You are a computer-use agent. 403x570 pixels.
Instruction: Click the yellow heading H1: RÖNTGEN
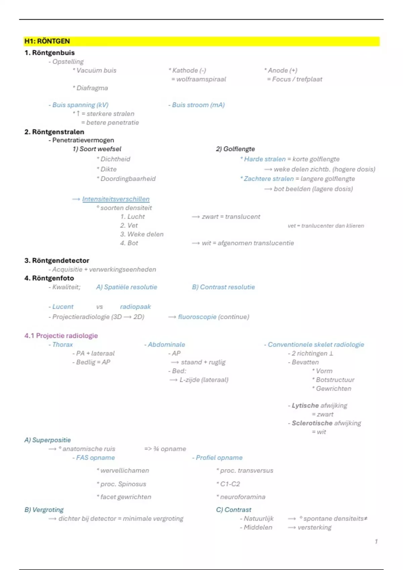coord(47,41)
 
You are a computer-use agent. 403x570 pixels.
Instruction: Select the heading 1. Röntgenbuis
coord(49,53)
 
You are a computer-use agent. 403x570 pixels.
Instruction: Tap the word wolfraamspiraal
coord(201,79)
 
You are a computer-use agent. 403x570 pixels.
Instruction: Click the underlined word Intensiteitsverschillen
coord(116,199)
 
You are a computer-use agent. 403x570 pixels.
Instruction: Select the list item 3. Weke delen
coord(142,234)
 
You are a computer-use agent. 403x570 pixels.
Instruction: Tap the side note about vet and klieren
coord(326,226)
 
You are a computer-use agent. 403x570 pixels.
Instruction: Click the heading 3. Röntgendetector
coord(57,261)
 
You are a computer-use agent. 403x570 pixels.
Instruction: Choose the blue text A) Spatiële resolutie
coord(126,287)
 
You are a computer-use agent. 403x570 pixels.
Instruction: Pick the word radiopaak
coord(135,307)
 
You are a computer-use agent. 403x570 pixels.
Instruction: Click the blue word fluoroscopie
coord(197,317)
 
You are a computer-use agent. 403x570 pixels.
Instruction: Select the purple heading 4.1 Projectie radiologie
coord(61,336)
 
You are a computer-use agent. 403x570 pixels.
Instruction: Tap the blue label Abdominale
coord(166,345)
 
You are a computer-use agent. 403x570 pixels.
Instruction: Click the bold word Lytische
coord(305,405)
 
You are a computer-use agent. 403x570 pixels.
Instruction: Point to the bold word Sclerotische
coord(312,423)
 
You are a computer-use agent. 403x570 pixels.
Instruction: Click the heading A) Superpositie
coord(47,440)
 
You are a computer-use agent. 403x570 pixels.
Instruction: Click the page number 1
coord(376,541)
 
